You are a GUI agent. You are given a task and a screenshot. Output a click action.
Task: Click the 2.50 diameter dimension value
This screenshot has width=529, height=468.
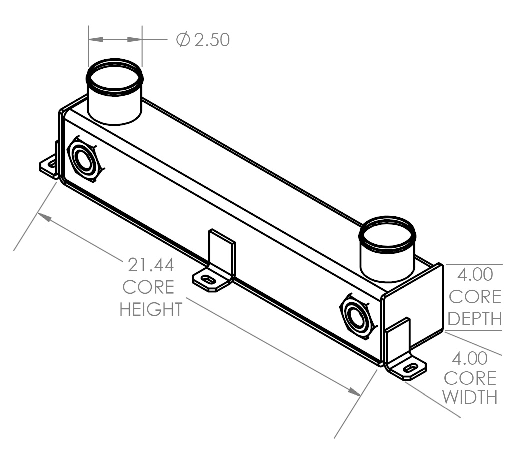(x=212, y=40)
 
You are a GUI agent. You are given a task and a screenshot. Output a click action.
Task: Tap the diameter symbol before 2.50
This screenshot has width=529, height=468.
(x=183, y=39)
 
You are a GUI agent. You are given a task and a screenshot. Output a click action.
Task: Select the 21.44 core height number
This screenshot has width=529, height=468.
(x=151, y=265)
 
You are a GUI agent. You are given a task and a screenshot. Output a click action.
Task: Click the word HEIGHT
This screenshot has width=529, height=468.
(x=151, y=309)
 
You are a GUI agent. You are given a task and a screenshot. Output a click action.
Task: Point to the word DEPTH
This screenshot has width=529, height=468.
(x=475, y=319)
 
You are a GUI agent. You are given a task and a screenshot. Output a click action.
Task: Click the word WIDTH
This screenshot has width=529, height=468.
(x=470, y=397)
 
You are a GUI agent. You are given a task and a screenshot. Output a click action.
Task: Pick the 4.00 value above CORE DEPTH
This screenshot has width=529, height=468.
(x=475, y=274)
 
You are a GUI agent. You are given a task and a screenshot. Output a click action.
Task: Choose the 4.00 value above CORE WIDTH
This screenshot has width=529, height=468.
(x=470, y=358)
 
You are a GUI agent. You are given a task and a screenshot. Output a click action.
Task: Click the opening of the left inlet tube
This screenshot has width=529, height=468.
(x=114, y=77)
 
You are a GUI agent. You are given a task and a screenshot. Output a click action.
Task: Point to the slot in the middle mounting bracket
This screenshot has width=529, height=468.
(x=208, y=280)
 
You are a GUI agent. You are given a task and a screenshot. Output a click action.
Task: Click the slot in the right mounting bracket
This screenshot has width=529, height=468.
(x=410, y=368)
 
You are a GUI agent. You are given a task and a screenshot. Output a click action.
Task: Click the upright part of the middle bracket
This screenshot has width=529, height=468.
(x=221, y=252)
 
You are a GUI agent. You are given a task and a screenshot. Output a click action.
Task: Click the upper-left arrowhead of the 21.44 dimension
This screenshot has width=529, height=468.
(x=45, y=217)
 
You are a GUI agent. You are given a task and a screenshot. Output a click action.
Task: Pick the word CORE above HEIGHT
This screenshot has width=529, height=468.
(x=148, y=287)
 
